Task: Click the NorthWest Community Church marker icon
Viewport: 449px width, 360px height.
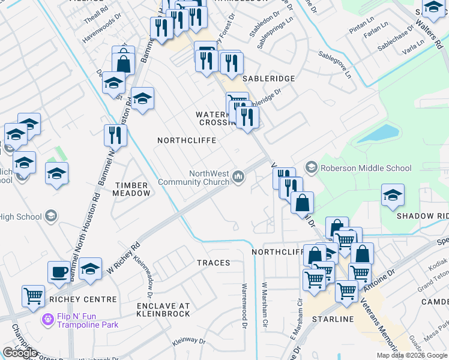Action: tap(239, 176)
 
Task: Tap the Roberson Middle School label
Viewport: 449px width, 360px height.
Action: tap(366, 168)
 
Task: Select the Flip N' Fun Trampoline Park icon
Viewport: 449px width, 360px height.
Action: tap(47, 320)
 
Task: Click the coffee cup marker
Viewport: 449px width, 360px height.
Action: tap(58, 271)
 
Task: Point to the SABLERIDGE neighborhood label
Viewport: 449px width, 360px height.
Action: tap(268, 79)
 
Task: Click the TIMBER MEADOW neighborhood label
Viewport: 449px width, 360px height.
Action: tap(132, 189)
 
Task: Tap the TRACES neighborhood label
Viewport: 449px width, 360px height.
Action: tap(213, 263)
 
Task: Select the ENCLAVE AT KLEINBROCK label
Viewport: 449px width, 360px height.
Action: tap(163, 310)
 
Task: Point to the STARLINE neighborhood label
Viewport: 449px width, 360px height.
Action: tap(332, 319)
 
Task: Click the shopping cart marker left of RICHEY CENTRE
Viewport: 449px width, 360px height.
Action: tap(33, 295)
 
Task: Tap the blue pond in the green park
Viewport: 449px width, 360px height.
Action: tap(378, 134)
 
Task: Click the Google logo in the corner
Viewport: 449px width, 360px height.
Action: tap(20, 352)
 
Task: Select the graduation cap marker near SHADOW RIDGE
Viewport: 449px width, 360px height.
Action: tap(393, 194)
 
